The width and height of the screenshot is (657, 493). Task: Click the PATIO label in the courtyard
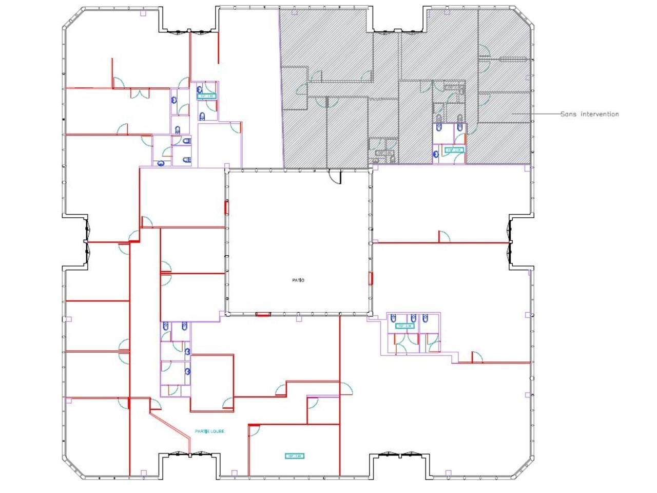298,280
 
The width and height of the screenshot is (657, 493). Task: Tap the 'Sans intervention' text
589,114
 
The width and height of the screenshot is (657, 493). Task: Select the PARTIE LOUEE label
209,431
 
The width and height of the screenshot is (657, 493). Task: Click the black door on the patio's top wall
334,176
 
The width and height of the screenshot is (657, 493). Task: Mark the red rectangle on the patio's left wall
226,207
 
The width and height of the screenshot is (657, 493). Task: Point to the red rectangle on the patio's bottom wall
263,314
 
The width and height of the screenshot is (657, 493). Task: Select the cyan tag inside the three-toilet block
404,326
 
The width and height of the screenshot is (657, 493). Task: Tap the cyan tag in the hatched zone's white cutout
454,150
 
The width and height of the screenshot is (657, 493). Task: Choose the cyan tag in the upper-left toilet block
207,96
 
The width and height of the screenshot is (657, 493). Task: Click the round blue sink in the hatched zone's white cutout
436,153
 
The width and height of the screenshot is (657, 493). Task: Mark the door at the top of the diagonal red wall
155,404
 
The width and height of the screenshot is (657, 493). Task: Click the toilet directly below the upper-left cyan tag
203,116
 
